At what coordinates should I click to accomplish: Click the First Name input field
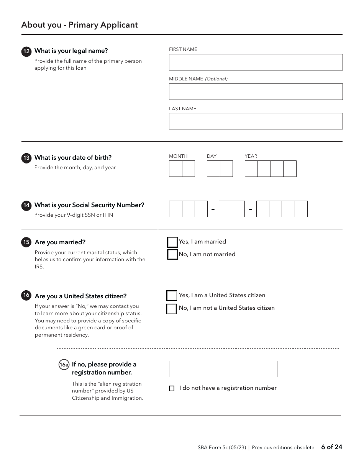[256, 62]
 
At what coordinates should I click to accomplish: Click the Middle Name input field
[256, 92]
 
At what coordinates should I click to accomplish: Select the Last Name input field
[256, 121]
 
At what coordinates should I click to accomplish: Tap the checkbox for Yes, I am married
[172, 242]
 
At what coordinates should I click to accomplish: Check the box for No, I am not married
[172, 254]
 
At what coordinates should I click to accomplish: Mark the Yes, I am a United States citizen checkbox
[172, 296]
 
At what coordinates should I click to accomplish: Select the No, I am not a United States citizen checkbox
[172, 309]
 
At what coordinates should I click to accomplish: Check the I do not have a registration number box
[172, 388]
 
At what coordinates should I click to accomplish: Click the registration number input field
[223, 369]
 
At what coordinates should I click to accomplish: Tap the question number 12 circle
[26, 52]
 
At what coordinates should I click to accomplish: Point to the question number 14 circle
[26, 206]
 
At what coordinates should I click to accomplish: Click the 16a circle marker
[64, 365]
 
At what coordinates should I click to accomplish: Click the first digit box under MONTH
[175, 168]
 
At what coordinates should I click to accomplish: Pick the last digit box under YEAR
[290, 168]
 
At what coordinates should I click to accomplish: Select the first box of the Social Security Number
[175, 209]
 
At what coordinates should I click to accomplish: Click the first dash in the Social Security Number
[213, 209]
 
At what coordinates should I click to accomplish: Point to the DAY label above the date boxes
[212, 156]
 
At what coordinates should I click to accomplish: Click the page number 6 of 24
[331, 447]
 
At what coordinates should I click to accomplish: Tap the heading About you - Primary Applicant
[79, 25]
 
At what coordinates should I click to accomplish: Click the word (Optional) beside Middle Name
[216, 79]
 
